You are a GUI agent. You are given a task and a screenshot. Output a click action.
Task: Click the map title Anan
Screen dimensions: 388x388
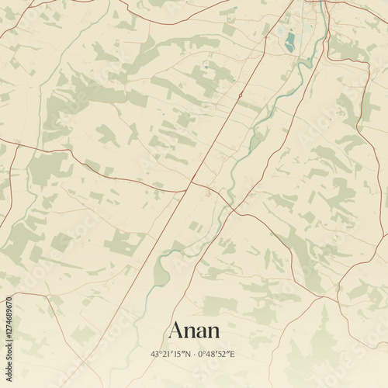coord(194,330)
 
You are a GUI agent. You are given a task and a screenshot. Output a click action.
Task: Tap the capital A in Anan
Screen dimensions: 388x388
coord(176,330)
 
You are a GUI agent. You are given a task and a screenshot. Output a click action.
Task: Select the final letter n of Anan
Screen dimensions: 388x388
coord(213,332)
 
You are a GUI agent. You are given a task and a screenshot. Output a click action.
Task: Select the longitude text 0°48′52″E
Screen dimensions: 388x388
coord(217,354)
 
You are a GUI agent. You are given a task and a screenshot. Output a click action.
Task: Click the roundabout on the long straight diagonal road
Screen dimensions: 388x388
coord(241,95)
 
